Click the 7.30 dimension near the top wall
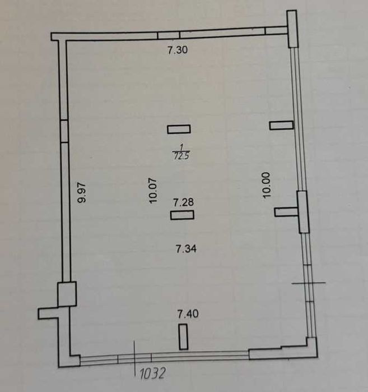click(x=178, y=50)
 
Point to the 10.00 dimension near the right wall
click(x=266, y=185)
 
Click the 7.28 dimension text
click(x=184, y=202)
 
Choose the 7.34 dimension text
click(x=187, y=249)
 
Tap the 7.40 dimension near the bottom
click(x=188, y=313)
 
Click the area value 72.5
click(x=181, y=156)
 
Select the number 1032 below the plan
click(x=152, y=373)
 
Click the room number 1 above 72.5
click(x=181, y=147)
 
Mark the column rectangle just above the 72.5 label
click(x=179, y=129)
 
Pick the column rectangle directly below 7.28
click(x=182, y=215)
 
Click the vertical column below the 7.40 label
click(x=184, y=336)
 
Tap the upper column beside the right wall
click(x=281, y=125)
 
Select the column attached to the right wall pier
click(x=287, y=212)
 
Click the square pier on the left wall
click(x=67, y=294)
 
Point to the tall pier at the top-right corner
click(x=292, y=29)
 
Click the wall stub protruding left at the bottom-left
click(x=48, y=313)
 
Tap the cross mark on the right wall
click(x=309, y=283)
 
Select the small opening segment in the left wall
click(x=64, y=131)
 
